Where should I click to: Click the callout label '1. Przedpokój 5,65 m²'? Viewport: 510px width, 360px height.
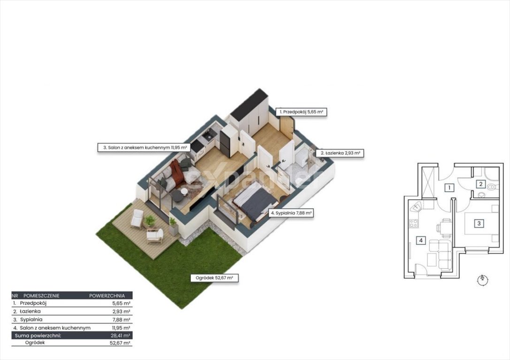[301, 112]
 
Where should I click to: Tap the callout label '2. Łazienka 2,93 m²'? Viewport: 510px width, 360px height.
[340, 153]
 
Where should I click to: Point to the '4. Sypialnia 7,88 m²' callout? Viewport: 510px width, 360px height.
[291, 213]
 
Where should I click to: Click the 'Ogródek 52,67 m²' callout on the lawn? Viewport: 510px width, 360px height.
[214, 278]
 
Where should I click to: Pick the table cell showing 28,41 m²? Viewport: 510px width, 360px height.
[120, 336]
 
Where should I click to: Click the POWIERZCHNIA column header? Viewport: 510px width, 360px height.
[107, 296]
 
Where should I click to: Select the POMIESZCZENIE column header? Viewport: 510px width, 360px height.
[41, 296]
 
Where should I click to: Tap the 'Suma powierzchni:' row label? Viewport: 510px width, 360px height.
[38, 336]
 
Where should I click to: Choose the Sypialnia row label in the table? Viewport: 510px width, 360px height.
[31, 320]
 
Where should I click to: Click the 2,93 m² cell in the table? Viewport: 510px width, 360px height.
[121, 312]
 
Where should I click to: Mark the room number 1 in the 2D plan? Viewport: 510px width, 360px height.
[449, 187]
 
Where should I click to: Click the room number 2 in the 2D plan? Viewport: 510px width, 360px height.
[481, 184]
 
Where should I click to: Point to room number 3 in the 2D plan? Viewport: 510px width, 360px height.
[479, 223]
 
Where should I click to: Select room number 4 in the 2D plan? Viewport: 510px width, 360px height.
[421, 240]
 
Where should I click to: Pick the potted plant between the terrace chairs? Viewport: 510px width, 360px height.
[150, 222]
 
